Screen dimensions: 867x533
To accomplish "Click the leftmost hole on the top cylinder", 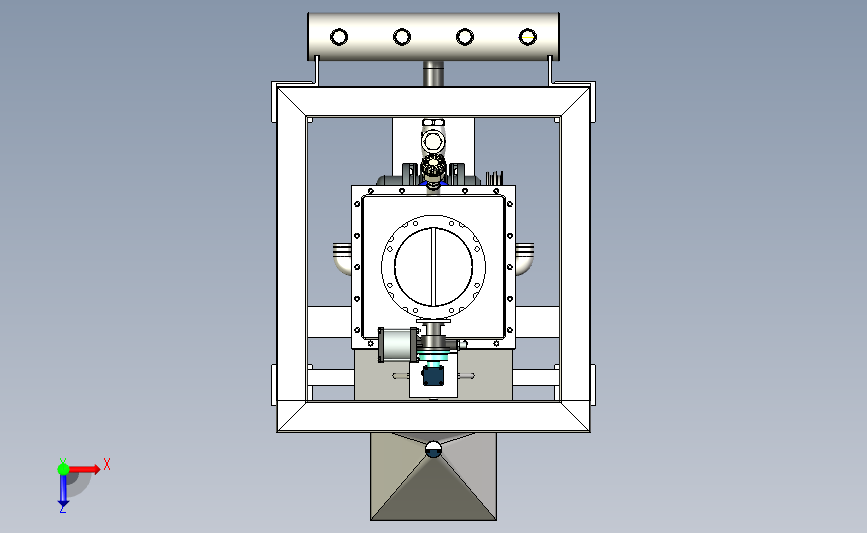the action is [x=339, y=37].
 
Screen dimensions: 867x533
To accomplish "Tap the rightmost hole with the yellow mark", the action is [x=527, y=37].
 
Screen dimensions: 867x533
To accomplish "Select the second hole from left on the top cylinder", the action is [x=402, y=37].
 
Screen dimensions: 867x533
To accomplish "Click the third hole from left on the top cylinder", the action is [x=464, y=37].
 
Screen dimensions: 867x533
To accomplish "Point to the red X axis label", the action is [x=107, y=464].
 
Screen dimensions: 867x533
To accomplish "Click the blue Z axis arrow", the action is [x=63, y=490].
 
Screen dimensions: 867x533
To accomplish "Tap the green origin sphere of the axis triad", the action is [x=63, y=469].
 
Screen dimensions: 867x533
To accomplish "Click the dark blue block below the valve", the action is [x=433, y=375].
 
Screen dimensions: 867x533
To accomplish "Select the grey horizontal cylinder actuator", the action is [x=398, y=345].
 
